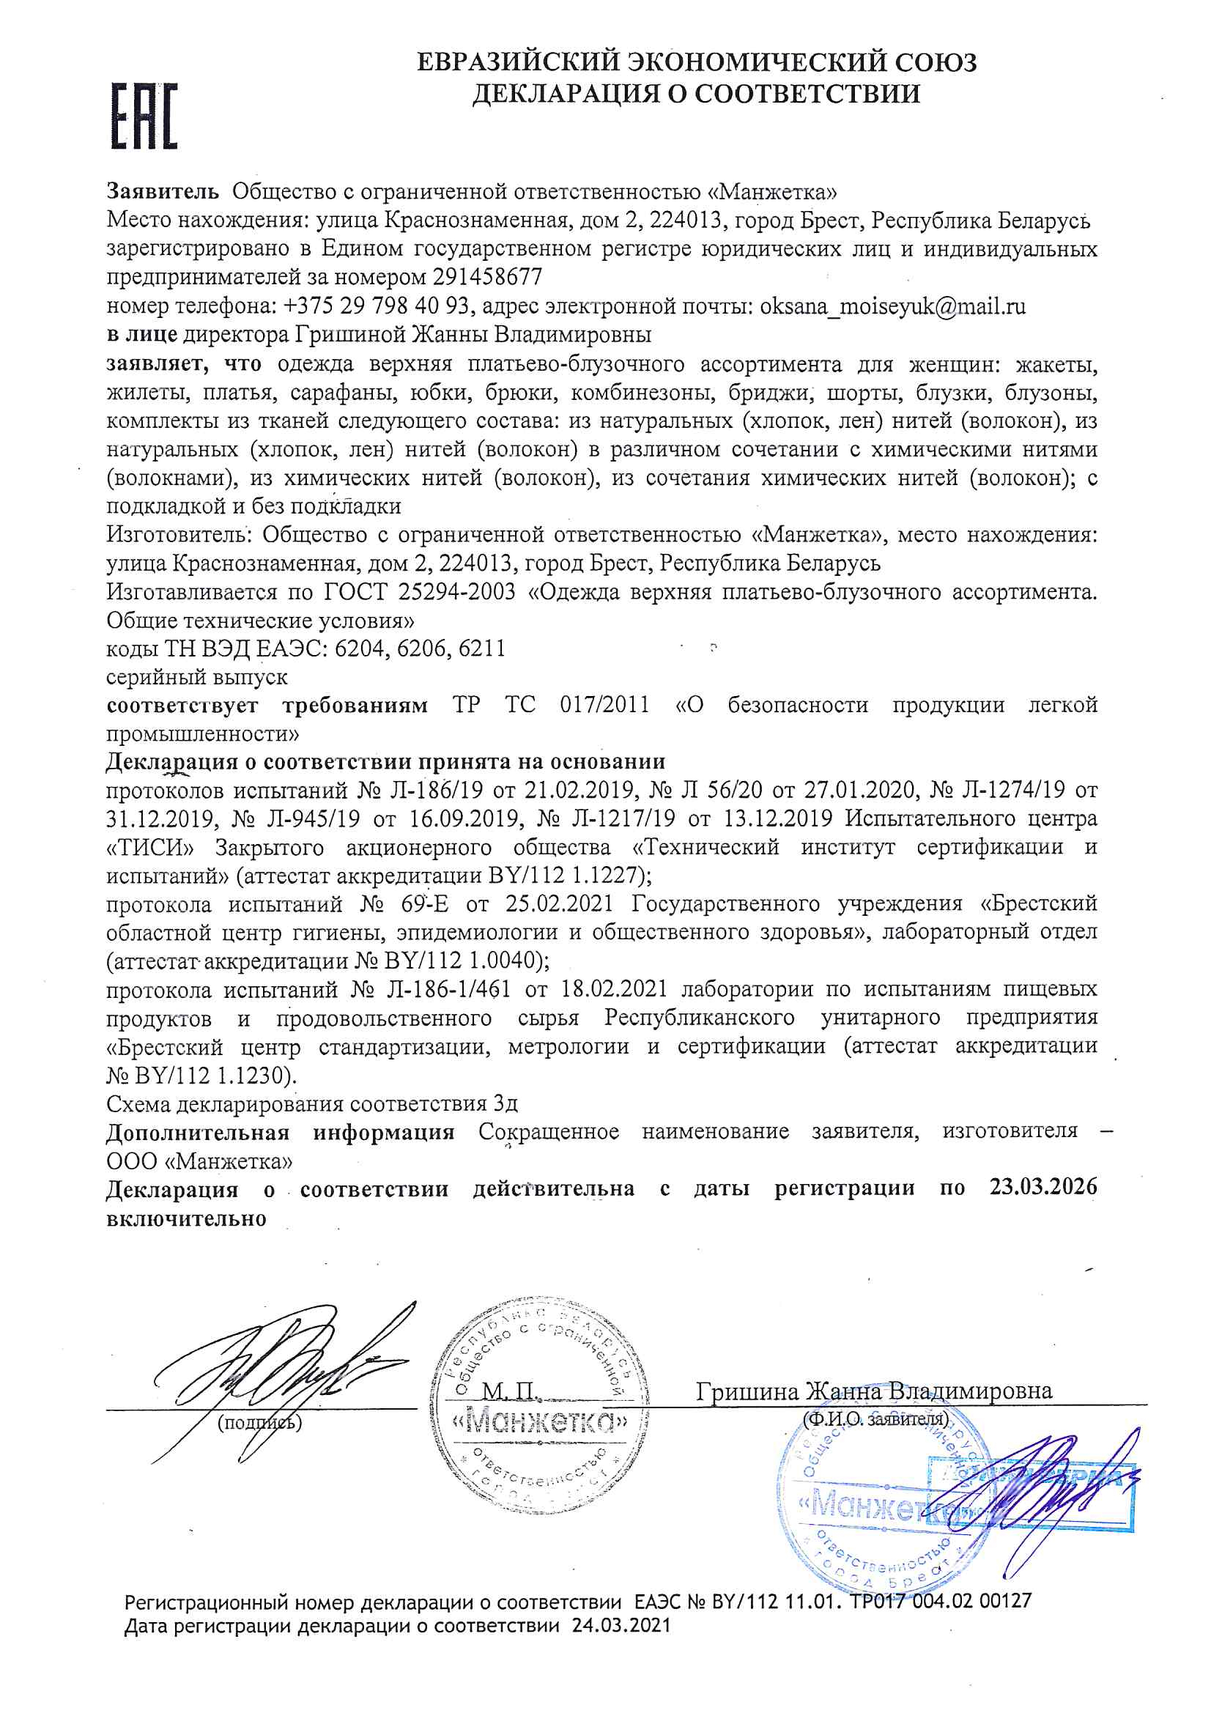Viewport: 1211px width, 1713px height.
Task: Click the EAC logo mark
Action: [145, 116]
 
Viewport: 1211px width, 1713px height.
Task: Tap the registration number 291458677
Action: [487, 278]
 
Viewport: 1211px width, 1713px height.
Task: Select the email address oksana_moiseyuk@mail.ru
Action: [892, 306]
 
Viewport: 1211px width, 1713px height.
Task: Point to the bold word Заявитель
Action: [163, 192]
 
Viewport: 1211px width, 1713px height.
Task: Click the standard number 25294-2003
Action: [456, 592]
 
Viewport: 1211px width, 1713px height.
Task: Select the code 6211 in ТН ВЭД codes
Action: [482, 648]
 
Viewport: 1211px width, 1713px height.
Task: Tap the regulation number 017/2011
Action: [604, 705]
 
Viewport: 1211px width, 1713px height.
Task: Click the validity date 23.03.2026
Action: [1043, 1187]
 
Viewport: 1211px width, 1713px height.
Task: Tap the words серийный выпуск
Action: [197, 677]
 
